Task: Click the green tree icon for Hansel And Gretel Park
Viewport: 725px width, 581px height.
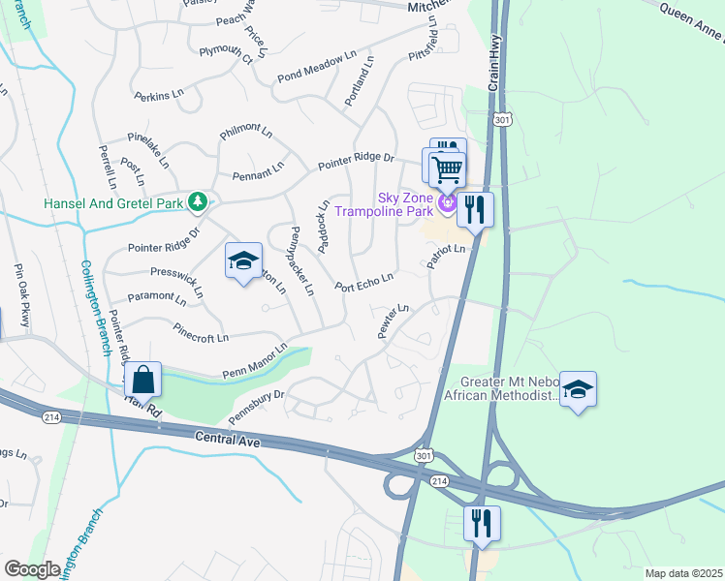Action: click(x=198, y=201)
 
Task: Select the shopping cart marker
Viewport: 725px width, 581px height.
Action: click(x=446, y=170)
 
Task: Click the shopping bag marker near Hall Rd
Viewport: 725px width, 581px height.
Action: click(x=142, y=379)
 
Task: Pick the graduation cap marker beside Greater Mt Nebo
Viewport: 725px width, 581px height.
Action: click(x=578, y=389)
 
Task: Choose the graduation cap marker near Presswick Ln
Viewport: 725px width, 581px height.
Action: click(x=243, y=260)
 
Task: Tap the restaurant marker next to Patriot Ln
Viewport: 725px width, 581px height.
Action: click(x=475, y=209)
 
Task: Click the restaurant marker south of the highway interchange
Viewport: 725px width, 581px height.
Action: click(x=482, y=523)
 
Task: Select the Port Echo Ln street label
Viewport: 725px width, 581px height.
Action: click(x=363, y=282)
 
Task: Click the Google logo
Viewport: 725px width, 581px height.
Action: click(x=32, y=568)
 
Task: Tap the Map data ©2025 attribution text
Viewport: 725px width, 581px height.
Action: click(x=682, y=573)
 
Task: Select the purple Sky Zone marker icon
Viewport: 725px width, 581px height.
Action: click(x=446, y=202)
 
